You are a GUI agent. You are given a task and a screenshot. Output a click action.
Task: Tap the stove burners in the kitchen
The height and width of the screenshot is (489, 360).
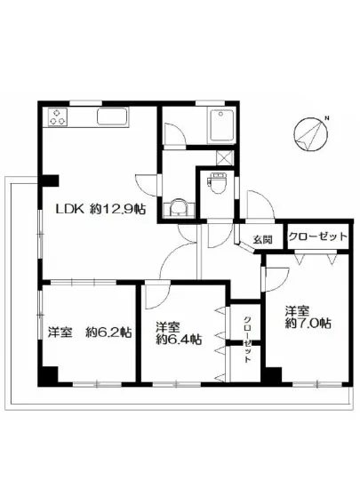[x=60, y=116]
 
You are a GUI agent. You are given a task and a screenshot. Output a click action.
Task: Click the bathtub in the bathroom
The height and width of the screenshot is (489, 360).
[x=218, y=129]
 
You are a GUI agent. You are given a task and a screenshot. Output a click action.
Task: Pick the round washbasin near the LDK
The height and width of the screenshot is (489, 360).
[x=178, y=207]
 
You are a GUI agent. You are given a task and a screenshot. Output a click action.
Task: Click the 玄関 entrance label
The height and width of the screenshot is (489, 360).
[x=261, y=239]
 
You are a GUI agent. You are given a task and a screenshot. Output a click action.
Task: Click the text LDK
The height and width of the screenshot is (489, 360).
[x=71, y=211]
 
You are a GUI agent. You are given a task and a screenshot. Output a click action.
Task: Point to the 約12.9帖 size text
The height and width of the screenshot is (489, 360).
[x=117, y=211]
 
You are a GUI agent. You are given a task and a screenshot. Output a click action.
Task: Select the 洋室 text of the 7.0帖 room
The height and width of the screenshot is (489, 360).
[x=298, y=311]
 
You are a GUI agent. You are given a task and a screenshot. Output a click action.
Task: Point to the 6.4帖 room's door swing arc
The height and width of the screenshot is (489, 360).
[x=158, y=298]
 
